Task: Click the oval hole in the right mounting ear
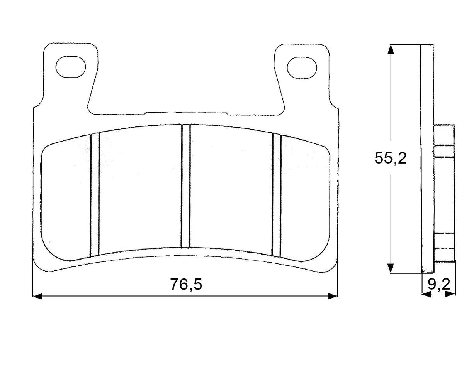point(302,67)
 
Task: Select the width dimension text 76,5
point(186,285)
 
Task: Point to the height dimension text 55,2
point(391,158)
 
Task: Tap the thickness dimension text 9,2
point(439,285)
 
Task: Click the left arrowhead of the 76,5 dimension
point(37,296)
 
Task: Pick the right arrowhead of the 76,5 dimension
point(333,296)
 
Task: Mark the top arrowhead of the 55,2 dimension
point(391,49)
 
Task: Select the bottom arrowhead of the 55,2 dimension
point(391,268)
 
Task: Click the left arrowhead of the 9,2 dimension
point(425,294)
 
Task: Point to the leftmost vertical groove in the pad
point(95,195)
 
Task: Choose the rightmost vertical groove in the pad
point(276,195)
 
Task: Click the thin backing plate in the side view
point(427,158)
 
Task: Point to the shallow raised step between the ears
point(186,113)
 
